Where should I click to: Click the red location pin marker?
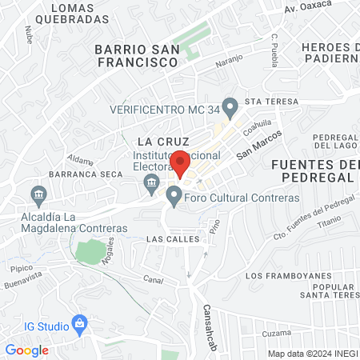click(x=180, y=163)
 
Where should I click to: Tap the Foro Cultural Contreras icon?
click(x=174, y=195)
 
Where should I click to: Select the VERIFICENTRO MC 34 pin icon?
click(x=230, y=106)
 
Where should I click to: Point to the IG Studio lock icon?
click(x=79, y=324)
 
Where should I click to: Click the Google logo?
click(x=27, y=350)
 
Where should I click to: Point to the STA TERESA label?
click(x=270, y=102)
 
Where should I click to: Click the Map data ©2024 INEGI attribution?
click(x=312, y=353)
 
